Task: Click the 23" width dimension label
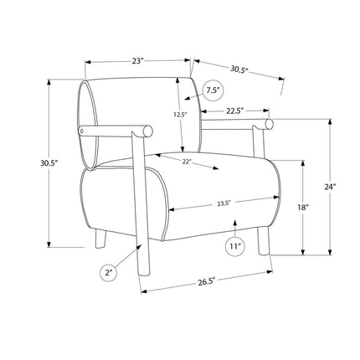click(x=137, y=61)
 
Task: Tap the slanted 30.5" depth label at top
click(x=239, y=69)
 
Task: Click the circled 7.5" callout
click(x=213, y=90)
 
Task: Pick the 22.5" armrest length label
click(x=235, y=111)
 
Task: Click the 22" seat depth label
click(x=187, y=162)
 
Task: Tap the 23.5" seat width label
click(x=224, y=203)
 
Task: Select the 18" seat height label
click(x=303, y=208)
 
